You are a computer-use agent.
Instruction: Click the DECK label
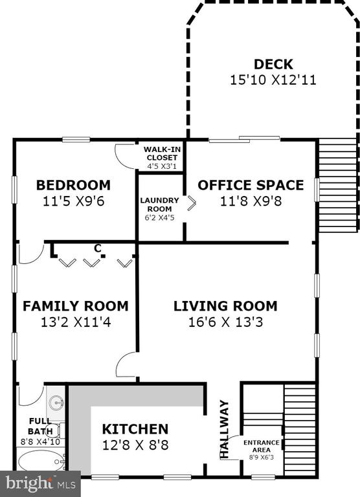click(x=273, y=64)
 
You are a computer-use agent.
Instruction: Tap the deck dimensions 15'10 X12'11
click(x=273, y=80)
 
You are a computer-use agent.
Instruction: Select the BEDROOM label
click(x=73, y=185)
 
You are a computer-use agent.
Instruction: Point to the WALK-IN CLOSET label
click(x=162, y=153)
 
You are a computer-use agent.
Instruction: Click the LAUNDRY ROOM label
click(x=159, y=204)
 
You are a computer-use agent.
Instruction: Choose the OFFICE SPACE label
click(x=251, y=185)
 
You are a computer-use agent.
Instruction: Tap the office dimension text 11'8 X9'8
click(x=251, y=201)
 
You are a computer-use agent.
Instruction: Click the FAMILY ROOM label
click(x=76, y=306)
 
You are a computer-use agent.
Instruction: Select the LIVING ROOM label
click(x=225, y=306)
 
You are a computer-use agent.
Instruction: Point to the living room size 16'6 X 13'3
click(x=225, y=322)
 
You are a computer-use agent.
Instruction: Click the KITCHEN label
click(x=135, y=429)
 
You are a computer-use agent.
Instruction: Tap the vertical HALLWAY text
click(x=224, y=429)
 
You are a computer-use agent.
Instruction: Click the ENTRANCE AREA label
click(x=262, y=446)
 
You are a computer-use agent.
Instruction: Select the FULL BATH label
click(x=40, y=426)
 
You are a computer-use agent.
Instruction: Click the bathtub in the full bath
click(x=41, y=461)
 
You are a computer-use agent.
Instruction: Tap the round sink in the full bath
click(x=57, y=404)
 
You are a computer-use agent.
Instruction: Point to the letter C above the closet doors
click(x=98, y=248)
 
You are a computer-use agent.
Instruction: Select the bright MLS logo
click(x=41, y=484)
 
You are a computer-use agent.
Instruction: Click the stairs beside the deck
click(x=337, y=186)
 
